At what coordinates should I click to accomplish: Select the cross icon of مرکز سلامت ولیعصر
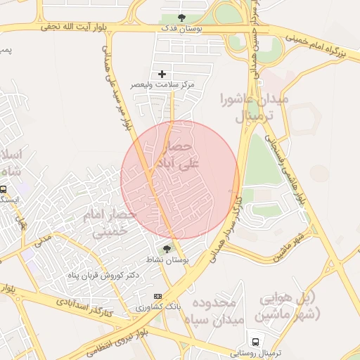click(162, 74)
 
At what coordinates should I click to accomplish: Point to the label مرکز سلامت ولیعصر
click(162, 84)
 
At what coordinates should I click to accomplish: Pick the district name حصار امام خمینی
click(106, 221)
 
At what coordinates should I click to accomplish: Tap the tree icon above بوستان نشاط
click(167, 249)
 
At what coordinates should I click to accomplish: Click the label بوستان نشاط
click(167, 259)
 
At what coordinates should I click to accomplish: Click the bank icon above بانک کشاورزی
click(157, 296)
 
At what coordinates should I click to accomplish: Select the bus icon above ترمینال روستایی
click(254, 342)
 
